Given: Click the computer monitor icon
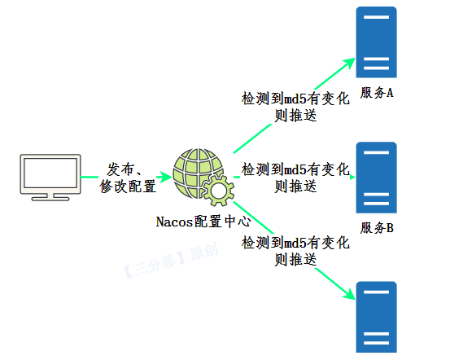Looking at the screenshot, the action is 50,178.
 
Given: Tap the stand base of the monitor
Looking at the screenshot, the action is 50,199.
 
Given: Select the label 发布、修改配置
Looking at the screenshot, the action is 128,178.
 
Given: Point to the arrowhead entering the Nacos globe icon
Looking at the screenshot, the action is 166,177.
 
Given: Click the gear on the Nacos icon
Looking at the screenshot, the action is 219,191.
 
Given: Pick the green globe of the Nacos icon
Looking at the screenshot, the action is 199,173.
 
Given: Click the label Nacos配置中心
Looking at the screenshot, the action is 203,222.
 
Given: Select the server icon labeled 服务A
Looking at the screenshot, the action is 376,42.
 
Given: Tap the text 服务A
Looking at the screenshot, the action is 377,93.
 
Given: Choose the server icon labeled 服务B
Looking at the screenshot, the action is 376,178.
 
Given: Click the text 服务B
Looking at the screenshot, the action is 377,228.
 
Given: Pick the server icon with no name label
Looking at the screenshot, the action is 376,317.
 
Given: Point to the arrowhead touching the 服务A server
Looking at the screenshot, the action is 350,63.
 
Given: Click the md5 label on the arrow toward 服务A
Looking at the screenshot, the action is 295,107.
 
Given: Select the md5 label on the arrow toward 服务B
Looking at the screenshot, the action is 295,178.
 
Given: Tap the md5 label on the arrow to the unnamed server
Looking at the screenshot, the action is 295,251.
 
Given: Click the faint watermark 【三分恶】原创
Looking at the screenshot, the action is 171,261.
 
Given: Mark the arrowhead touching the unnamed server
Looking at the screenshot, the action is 350,294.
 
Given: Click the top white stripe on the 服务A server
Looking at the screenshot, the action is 376,17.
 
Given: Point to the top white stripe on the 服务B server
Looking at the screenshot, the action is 376,152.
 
